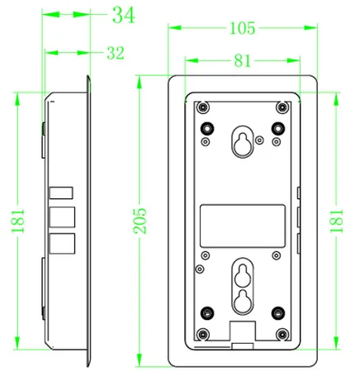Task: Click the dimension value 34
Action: pyautogui.click(x=124, y=15)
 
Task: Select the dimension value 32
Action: pyautogui.click(x=116, y=53)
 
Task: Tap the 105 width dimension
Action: pyautogui.click(x=243, y=28)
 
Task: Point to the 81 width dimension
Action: pyautogui.click(x=243, y=60)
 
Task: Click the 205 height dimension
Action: pyautogui.click(x=140, y=221)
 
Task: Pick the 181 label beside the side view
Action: pyautogui.click(x=18, y=221)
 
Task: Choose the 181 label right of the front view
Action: pyautogui.click(x=337, y=221)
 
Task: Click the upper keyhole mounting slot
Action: pyautogui.click(x=243, y=142)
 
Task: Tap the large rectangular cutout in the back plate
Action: pyautogui.click(x=243, y=226)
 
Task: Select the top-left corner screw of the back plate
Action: pyautogui.click(x=203, y=107)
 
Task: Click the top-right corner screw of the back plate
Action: pyautogui.click(x=282, y=107)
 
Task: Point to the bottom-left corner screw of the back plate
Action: pyautogui.click(x=203, y=335)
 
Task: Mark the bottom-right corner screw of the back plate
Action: pyautogui.click(x=282, y=335)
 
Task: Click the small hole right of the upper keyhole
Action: pyautogui.click(x=259, y=140)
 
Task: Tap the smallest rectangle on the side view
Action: pyautogui.click(x=61, y=193)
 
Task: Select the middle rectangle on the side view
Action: pyautogui.click(x=62, y=217)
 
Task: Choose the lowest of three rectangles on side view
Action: pyautogui.click(x=62, y=244)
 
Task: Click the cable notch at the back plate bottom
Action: pyautogui.click(x=243, y=331)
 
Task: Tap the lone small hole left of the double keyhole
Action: pyautogui.click(x=200, y=269)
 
